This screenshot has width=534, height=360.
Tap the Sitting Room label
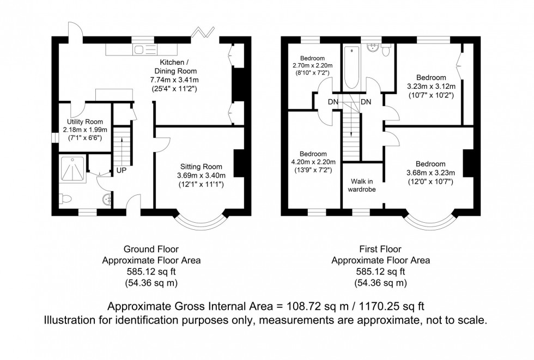pos(201,166)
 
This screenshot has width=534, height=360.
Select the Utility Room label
pos(82,122)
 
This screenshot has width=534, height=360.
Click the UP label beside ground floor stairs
pos(121,170)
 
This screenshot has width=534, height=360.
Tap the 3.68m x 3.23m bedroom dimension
pos(430,173)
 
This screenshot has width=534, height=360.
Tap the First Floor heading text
pos(380,249)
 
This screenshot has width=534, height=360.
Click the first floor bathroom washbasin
pos(374,48)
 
